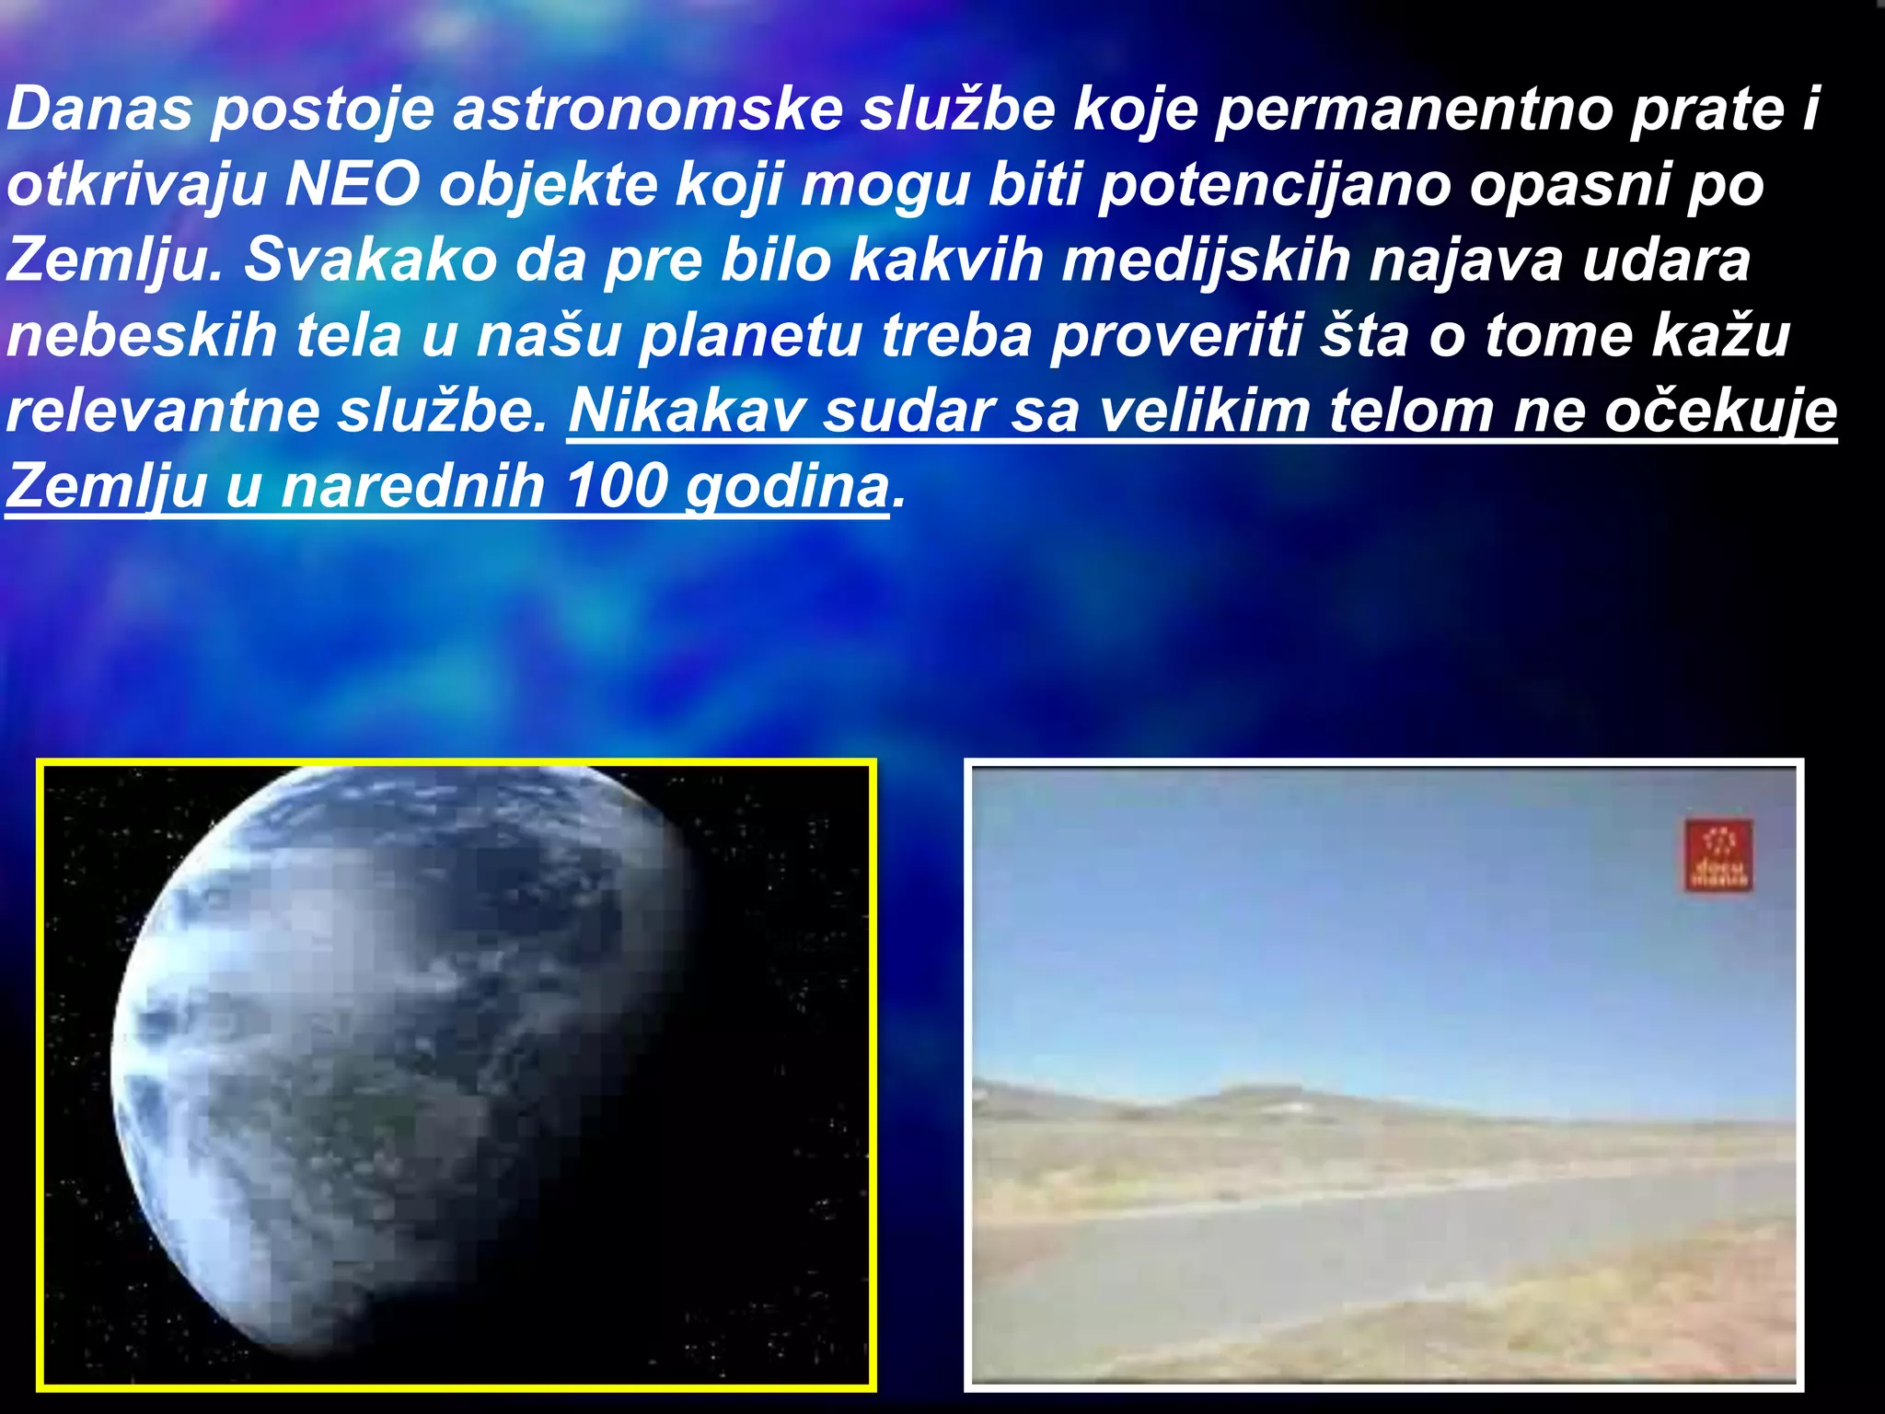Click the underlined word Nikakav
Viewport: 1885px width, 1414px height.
coord(687,411)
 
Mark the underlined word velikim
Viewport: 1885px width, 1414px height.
coord(1204,411)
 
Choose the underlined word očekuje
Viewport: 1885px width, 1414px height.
coord(1721,411)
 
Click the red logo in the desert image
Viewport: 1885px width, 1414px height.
coord(1718,855)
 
